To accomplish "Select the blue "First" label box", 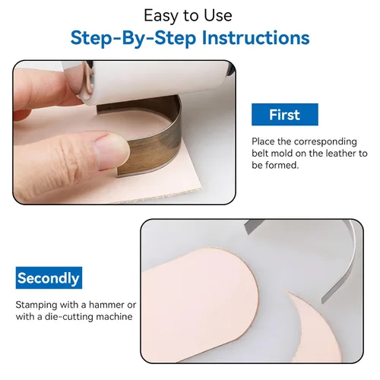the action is [285, 114].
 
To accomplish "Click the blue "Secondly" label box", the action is [49, 277].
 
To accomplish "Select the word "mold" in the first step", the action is [280, 153].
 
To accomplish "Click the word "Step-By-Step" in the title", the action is [133, 38].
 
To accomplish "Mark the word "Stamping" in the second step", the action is [36, 305].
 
